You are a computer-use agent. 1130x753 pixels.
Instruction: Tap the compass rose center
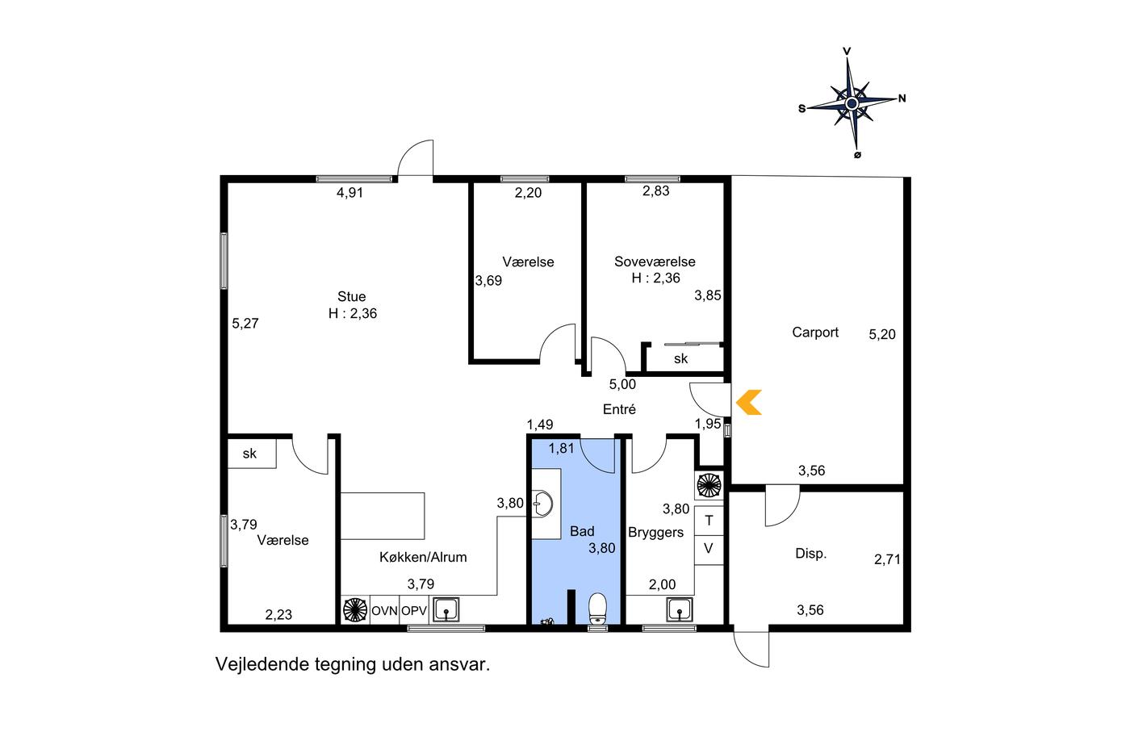click(852, 104)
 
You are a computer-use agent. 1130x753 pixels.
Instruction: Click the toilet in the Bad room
click(598, 609)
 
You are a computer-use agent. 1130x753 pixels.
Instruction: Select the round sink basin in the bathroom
click(543, 504)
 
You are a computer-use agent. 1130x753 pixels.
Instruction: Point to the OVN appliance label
click(384, 611)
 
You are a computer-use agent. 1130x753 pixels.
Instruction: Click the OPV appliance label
click(414, 611)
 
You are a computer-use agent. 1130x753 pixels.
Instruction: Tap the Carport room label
click(815, 333)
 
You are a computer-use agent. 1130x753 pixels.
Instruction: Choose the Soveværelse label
click(655, 261)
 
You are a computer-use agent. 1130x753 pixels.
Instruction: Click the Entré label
click(619, 409)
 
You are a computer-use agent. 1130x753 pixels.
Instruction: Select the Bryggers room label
click(655, 533)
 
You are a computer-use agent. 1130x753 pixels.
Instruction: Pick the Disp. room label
click(810, 554)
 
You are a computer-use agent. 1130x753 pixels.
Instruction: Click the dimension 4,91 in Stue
click(350, 193)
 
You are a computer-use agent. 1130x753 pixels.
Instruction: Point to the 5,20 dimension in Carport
click(881, 334)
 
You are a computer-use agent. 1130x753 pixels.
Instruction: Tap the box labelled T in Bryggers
click(709, 521)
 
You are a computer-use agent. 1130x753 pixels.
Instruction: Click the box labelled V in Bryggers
click(709, 550)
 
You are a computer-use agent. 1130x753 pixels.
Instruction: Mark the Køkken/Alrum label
click(423, 558)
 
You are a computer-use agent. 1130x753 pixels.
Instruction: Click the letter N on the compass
click(902, 98)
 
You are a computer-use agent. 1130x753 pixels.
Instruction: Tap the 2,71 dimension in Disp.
click(887, 559)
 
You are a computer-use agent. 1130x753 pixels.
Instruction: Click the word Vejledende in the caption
click(262, 664)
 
